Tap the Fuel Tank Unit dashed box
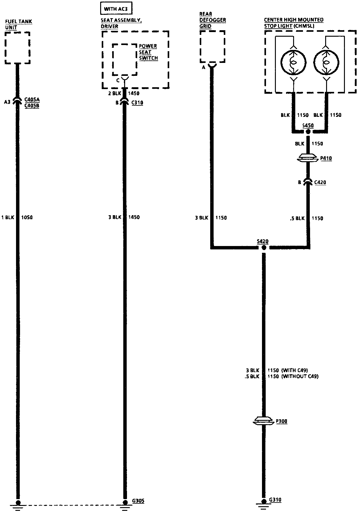[18, 48]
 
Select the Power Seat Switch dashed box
[125, 59]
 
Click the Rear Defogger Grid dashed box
[212, 47]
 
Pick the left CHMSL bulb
[294, 62]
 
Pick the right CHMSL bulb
[326, 62]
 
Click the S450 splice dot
[308, 132]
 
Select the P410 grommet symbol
[308, 159]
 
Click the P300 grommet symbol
[263, 421]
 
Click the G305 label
[137, 501]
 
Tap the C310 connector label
[137, 103]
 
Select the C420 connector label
[320, 183]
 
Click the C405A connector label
[32, 100]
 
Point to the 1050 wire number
[27, 218]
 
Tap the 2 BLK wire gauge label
[114, 93]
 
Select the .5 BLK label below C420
[297, 219]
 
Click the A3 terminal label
[7, 102]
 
